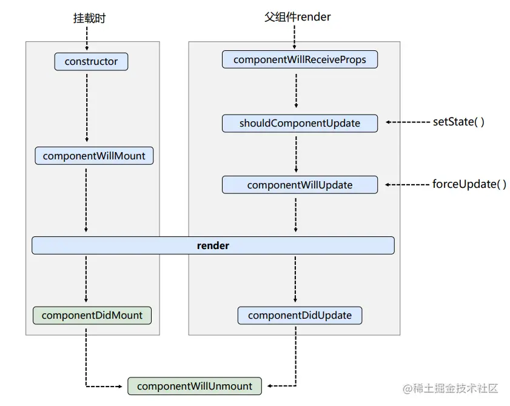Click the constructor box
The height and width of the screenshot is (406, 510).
[91, 61]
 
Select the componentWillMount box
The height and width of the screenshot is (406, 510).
[94, 156]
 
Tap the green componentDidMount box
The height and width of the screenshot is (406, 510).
[92, 315]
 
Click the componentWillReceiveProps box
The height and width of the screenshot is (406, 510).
[300, 59]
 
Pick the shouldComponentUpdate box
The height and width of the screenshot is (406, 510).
[300, 123]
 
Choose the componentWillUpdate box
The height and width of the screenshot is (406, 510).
[300, 185]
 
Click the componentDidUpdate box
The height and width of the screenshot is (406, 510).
[300, 315]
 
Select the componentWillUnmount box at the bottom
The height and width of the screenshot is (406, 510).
[195, 386]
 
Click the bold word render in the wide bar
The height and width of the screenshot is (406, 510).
[213, 245]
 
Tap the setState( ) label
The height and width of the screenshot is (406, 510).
[458, 122]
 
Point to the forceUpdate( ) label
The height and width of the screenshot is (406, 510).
[469, 184]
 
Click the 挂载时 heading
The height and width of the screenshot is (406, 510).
[86, 18]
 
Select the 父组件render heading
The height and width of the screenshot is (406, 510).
[297, 17]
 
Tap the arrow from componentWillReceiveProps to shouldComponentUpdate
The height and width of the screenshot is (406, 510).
[296, 91]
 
